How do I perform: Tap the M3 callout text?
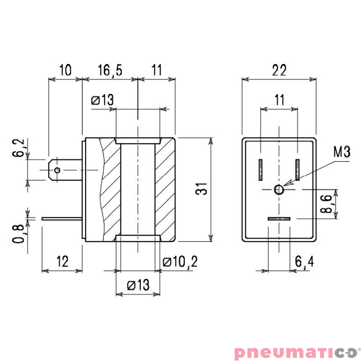click(x=342, y=152)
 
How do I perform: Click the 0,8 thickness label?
click(x=19, y=232)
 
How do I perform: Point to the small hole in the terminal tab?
click(x=57, y=170)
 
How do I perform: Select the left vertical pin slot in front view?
click(x=261, y=170)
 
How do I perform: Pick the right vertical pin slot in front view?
click(x=298, y=170)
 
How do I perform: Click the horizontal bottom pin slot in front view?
click(x=279, y=219)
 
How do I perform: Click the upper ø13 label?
click(x=102, y=100)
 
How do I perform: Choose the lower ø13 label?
click(x=138, y=285)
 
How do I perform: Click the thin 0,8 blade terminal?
click(x=62, y=219)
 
